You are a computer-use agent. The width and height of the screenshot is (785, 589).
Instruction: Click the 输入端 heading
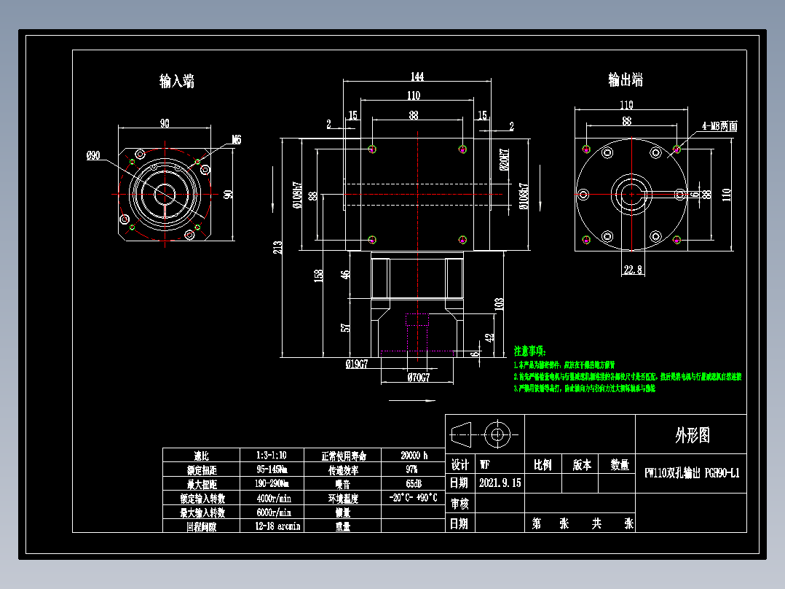coord(177,81)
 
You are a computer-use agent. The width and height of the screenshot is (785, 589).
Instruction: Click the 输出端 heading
coord(626,79)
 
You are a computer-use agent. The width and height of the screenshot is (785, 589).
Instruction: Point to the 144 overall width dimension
coord(417,77)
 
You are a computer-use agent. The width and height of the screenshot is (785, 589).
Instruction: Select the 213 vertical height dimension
coord(277,248)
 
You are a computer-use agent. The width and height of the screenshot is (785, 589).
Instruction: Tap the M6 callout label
coord(236,139)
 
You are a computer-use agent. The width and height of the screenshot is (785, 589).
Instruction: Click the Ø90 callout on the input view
coord(94,155)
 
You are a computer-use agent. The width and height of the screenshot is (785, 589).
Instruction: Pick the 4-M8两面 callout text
coord(719,126)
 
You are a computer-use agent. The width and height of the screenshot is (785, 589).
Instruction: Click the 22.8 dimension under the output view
coord(632,270)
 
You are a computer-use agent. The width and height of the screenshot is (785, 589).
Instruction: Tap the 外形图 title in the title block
coord(691,435)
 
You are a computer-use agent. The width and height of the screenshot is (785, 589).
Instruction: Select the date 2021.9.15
coord(500,483)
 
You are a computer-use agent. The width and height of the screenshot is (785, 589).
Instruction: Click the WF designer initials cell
coord(485,464)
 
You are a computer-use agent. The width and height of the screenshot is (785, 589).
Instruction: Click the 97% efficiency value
coord(412,469)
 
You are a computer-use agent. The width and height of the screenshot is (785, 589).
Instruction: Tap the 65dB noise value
coord(412,483)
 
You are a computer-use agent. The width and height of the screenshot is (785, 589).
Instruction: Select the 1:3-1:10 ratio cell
coord(271,456)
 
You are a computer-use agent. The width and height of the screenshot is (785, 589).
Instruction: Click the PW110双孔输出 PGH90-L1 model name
coord(691,473)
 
